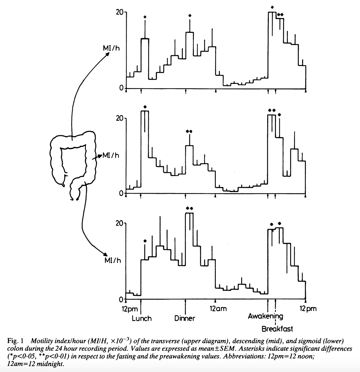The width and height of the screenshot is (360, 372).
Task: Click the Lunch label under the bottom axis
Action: pos(141,318)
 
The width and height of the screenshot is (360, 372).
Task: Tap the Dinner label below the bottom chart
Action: pos(185,318)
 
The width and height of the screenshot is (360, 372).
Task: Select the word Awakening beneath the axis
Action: pos(265,316)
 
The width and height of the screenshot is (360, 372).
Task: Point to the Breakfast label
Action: pos(277,329)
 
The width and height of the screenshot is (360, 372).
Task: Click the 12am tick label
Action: pos(218,309)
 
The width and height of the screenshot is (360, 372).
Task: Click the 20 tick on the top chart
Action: pos(120,12)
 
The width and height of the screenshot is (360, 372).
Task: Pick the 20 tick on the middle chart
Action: pos(120,118)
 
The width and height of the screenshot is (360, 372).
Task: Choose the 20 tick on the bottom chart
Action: pos(120,223)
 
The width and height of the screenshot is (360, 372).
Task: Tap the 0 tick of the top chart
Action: pos(121,88)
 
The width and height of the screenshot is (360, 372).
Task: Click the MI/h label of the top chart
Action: pos(110,48)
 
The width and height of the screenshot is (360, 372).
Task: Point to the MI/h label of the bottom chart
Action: pos(113,260)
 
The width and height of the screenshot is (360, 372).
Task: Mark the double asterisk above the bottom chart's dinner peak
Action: pos(189,208)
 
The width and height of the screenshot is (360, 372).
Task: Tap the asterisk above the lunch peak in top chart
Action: pos(145,17)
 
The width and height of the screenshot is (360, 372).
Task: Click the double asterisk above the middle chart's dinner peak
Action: pos(189,131)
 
